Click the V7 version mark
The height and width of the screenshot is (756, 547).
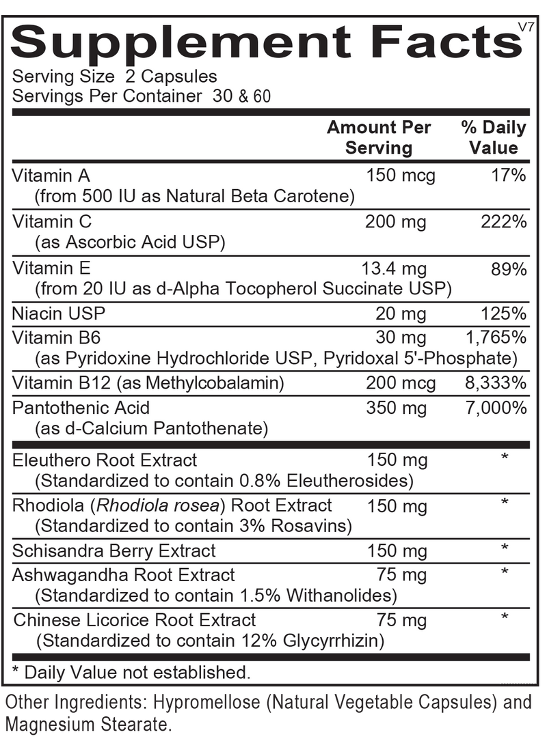click(x=526, y=27)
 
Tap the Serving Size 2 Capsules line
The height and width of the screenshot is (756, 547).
click(x=115, y=76)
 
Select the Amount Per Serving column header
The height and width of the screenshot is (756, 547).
click(x=379, y=137)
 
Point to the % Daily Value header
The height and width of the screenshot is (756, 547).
click(x=493, y=137)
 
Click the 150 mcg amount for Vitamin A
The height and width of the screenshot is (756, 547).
click(x=401, y=176)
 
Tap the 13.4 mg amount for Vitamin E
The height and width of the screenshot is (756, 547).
click(x=393, y=268)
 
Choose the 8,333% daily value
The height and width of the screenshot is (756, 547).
click(x=495, y=383)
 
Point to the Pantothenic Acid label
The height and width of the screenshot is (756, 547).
click(x=81, y=408)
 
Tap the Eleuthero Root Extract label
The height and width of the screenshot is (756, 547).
click(x=105, y=460)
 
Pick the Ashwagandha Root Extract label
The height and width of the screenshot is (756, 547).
click(x=123, y=574)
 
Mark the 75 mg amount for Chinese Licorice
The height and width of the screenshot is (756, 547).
click(x=402, y=619)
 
